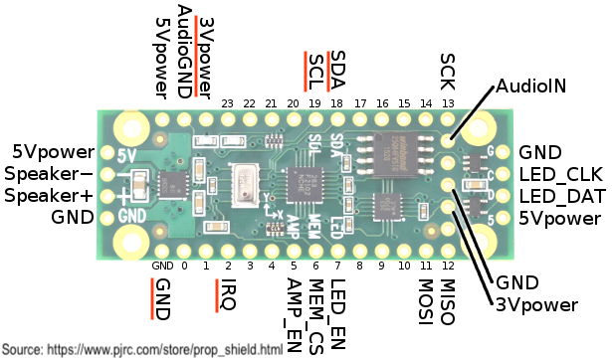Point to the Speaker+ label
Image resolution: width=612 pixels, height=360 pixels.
(48, 195)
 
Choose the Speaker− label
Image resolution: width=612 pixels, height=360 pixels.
(48, 174)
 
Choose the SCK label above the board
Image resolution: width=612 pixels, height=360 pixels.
(448, 69)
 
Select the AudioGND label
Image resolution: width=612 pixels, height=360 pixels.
(185, 51)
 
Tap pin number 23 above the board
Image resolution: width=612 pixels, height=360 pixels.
(228, 103)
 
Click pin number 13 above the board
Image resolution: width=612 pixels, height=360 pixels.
(448, 103)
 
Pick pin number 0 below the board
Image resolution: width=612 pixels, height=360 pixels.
(185, 267)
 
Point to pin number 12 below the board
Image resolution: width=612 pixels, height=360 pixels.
(448, 267)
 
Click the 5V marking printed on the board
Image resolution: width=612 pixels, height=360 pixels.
(126, 155)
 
